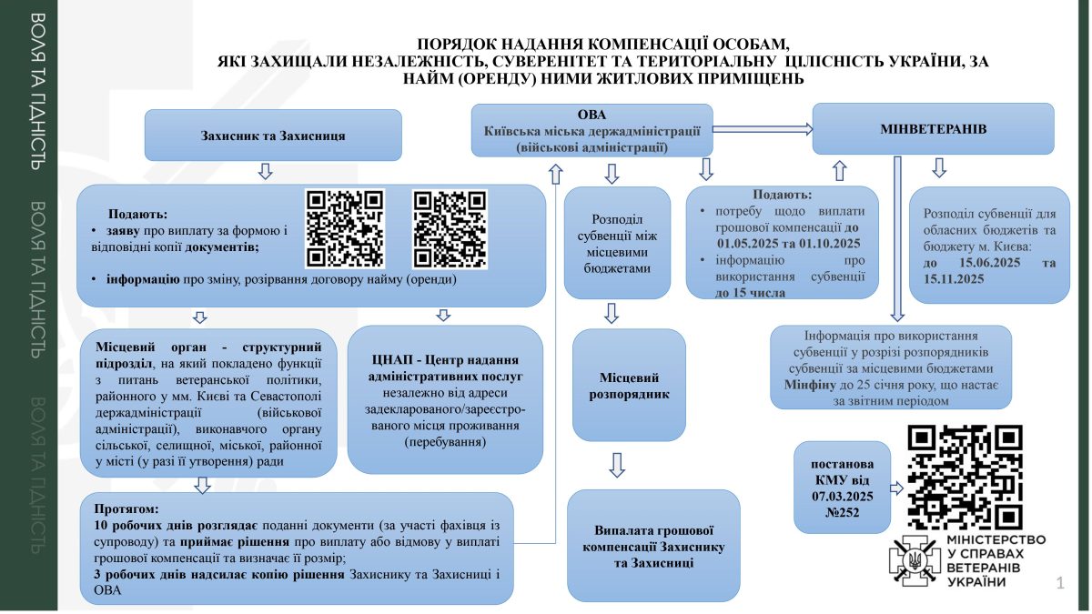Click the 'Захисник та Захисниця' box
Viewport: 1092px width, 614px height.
point(273,136)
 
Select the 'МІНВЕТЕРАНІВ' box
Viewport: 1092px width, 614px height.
point(933,129)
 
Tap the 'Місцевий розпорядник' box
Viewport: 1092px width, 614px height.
point(629,385)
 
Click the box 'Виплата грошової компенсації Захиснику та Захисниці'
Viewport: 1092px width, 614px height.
point(652,545)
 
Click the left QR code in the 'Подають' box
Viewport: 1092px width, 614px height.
point(344,228)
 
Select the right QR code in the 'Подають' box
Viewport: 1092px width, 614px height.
point(450,228)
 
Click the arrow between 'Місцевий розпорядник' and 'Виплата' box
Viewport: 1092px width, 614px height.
point(617,465)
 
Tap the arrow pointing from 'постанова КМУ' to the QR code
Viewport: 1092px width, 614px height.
point(895,488)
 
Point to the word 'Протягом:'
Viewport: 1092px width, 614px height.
point(126,509)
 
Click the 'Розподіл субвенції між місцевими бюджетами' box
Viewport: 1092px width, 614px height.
point(617,244)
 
